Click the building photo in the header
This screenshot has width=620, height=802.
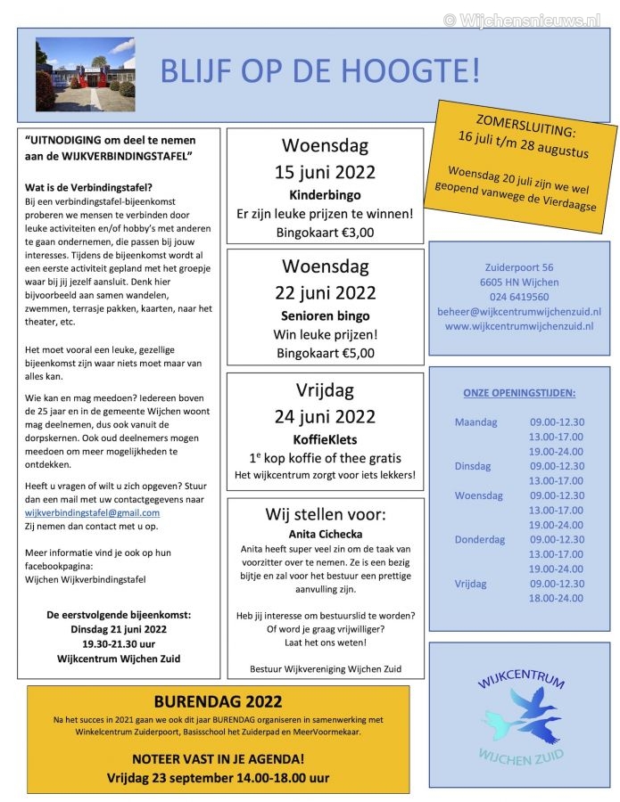tap(84, 74)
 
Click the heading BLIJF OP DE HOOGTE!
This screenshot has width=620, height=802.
tap(319, 70)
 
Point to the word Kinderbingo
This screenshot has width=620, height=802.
tap(324, 193)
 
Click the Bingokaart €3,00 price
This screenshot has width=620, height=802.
tap(325, 233)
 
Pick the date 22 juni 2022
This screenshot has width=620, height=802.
tap(325, 293)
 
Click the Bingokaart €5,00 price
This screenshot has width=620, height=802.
tap(325, 353)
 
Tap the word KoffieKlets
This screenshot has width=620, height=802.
tap(325, 439)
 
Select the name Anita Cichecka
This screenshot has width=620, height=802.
tap(325, 534)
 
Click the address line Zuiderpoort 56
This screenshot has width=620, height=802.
tap(518, 266)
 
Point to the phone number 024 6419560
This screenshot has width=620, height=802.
tap(518, 297)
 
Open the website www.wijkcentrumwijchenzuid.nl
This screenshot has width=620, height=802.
tap(518, 326)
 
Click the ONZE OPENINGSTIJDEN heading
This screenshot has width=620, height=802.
tap(518, 392)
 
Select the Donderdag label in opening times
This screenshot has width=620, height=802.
tap(479, 539)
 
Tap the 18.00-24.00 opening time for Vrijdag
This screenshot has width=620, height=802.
tap(556, 598)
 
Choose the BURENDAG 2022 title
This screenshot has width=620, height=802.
tap(218, 701)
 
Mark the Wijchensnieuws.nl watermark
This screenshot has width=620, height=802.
tap(522, 19)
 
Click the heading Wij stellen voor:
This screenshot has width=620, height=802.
tap(325, 514)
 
